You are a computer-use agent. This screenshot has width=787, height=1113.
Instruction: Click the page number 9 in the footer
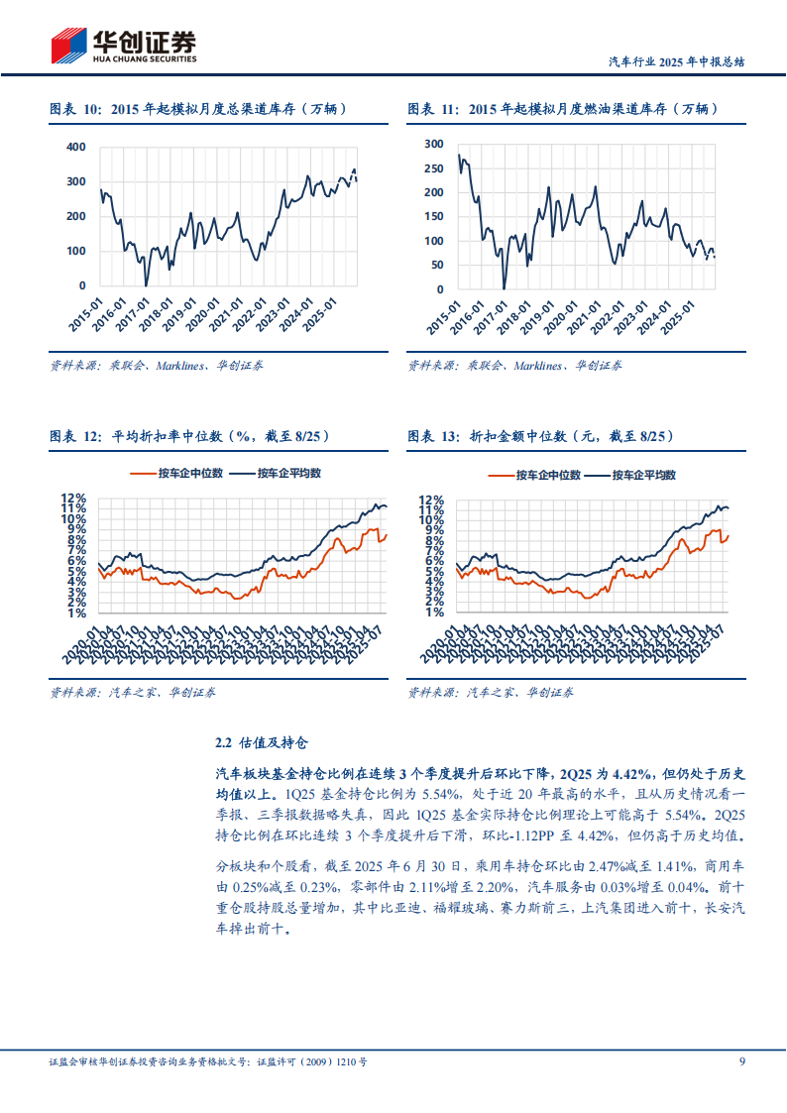pos(741,1061)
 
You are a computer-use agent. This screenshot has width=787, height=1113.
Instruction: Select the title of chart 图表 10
pos(198,109)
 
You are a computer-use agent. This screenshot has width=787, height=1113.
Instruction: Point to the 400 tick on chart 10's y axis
pos(76,147)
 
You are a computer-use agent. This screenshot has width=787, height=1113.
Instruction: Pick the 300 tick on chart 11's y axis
pos(433,144)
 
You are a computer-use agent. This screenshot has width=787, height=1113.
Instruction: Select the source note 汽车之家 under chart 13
pos(491,693)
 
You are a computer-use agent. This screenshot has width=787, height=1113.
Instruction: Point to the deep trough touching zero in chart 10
pos(146,284)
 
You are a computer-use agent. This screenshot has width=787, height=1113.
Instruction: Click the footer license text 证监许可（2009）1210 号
pos(312,1061)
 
